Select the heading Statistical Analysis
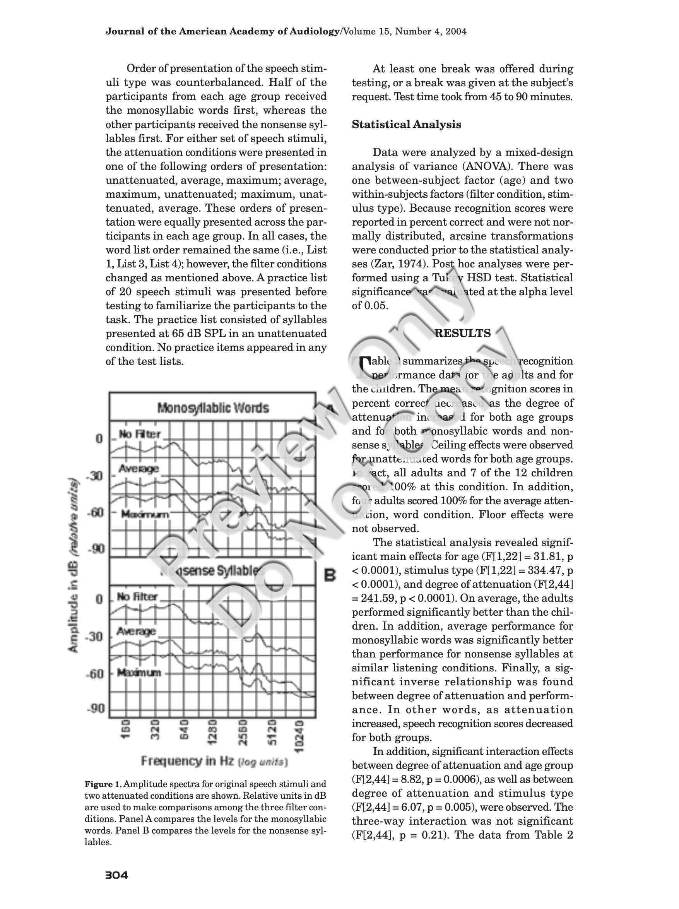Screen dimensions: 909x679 click(x=406, y=125)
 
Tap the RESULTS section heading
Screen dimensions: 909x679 click(x=462, y=333)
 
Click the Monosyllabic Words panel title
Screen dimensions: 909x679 click(x=213, y=408)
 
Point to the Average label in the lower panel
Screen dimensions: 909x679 click(x=136, y=631)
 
